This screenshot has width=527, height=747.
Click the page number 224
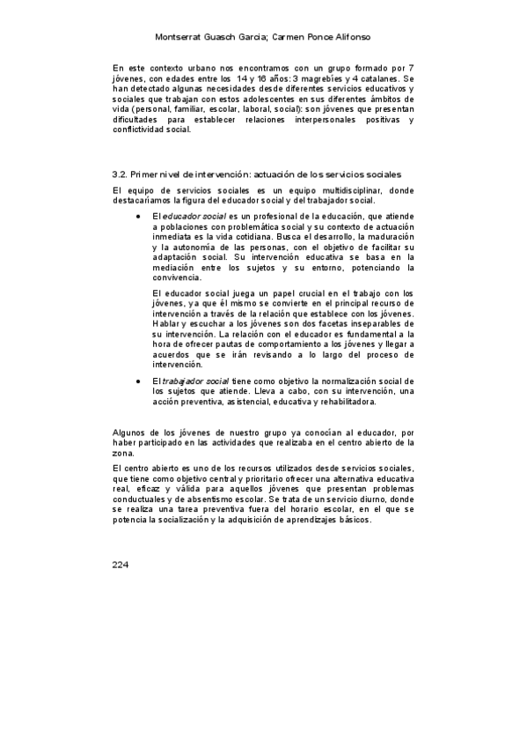(121, 565)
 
